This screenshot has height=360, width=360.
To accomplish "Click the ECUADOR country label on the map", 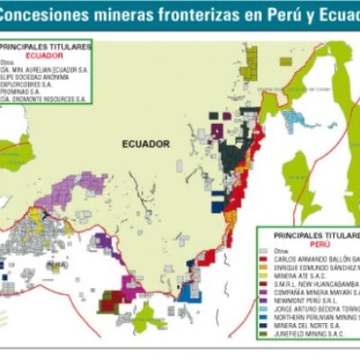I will click(147, 143).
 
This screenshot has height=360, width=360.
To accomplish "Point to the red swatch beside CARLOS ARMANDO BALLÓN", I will click(262, 258).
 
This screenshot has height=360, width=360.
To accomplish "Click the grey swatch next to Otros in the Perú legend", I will click(262, 250).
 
